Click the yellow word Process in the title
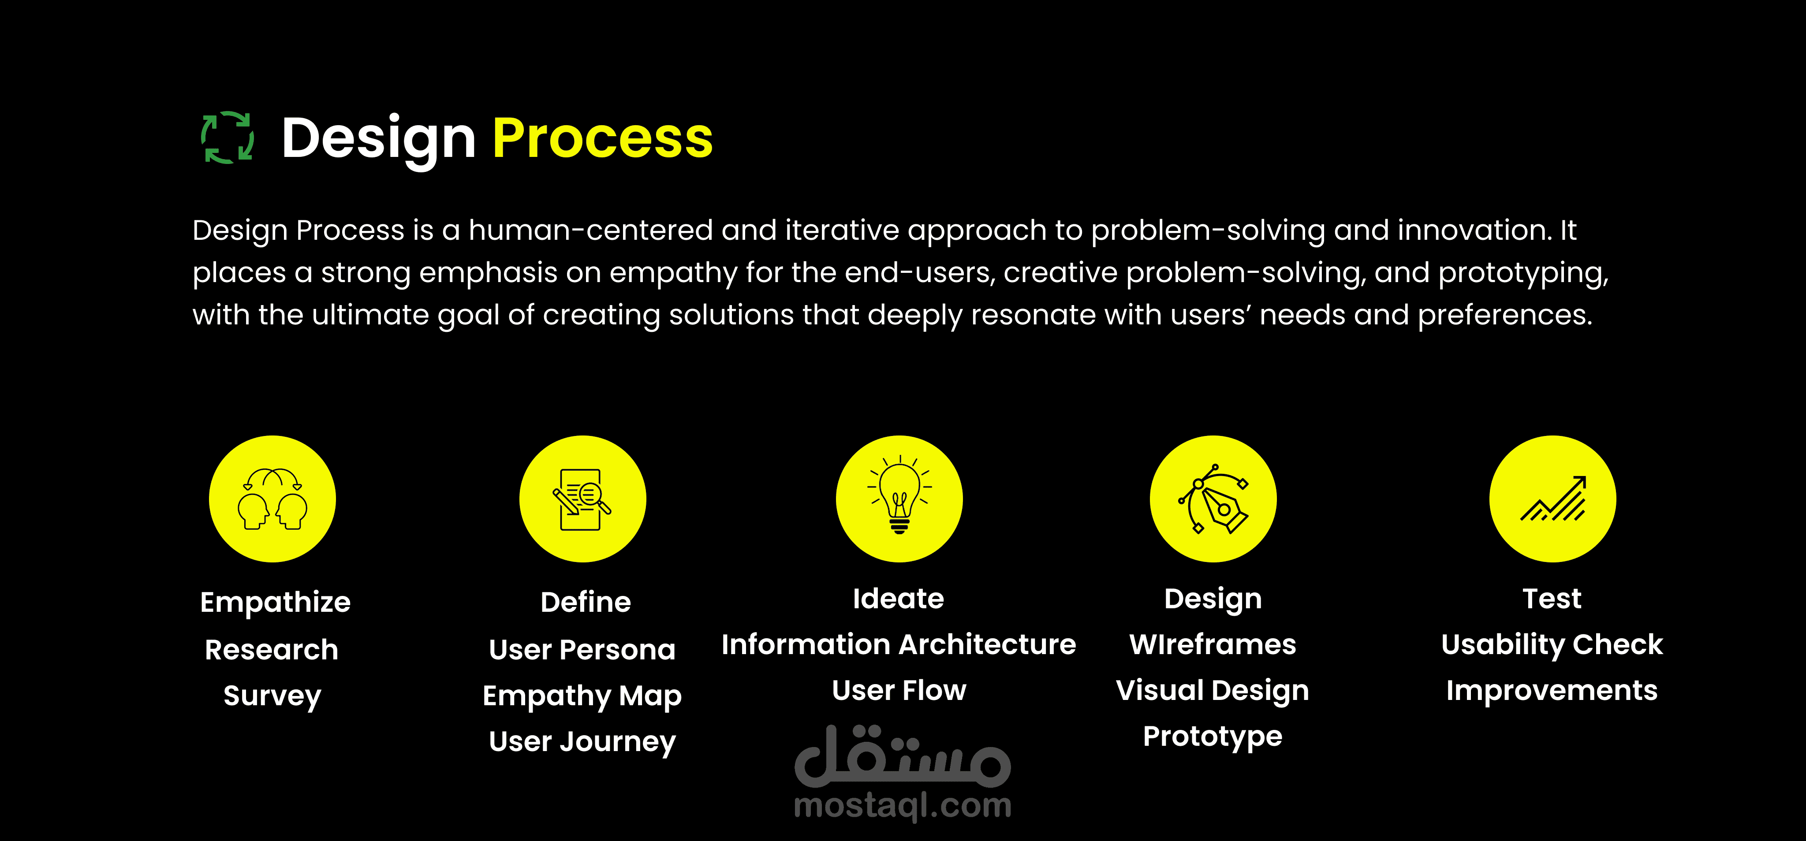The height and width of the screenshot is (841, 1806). [x=602, y=138]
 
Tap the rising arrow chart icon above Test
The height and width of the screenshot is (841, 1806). [x=1553, y=499]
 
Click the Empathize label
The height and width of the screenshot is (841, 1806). [x=275, y=602]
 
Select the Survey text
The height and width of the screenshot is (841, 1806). [x=272, y=696]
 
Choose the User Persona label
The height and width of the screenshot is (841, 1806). [x=582, y=650]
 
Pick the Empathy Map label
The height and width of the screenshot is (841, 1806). [x=582, y=696]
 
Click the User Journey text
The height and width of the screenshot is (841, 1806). [x=582, y=741]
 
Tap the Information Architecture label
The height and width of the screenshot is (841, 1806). [x=899, y=644]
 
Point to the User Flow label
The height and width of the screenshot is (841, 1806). [x=899, y=690]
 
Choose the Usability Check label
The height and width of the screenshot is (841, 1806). [x=1552, y=644]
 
